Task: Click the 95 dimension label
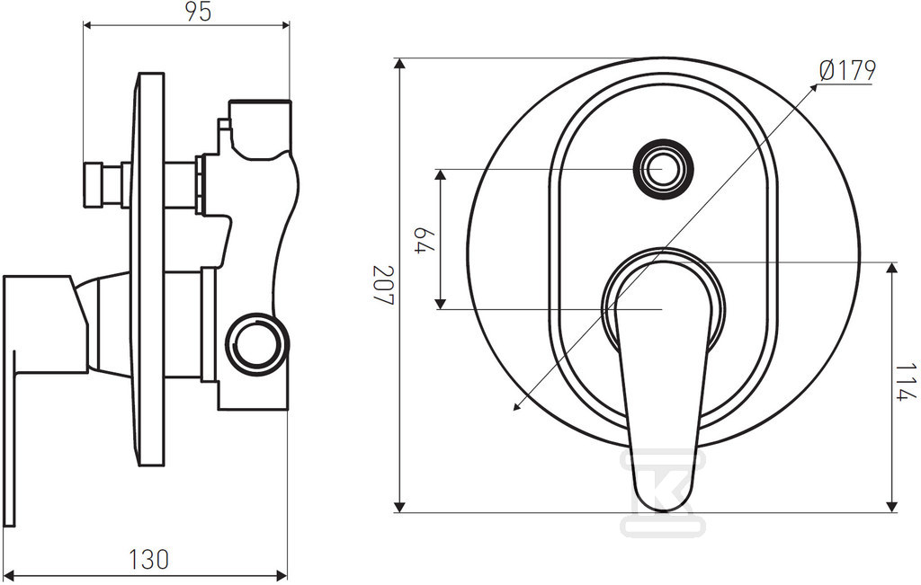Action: click(199, 12)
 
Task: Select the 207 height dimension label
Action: click(384, 285)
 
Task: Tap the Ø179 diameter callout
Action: click(847, 70)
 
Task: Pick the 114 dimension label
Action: click(905, 382)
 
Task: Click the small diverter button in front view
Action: click(664, 169)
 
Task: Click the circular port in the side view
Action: click(256, 344)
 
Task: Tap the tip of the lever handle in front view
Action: click(663, 510)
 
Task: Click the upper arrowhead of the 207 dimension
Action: click(399, 64)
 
